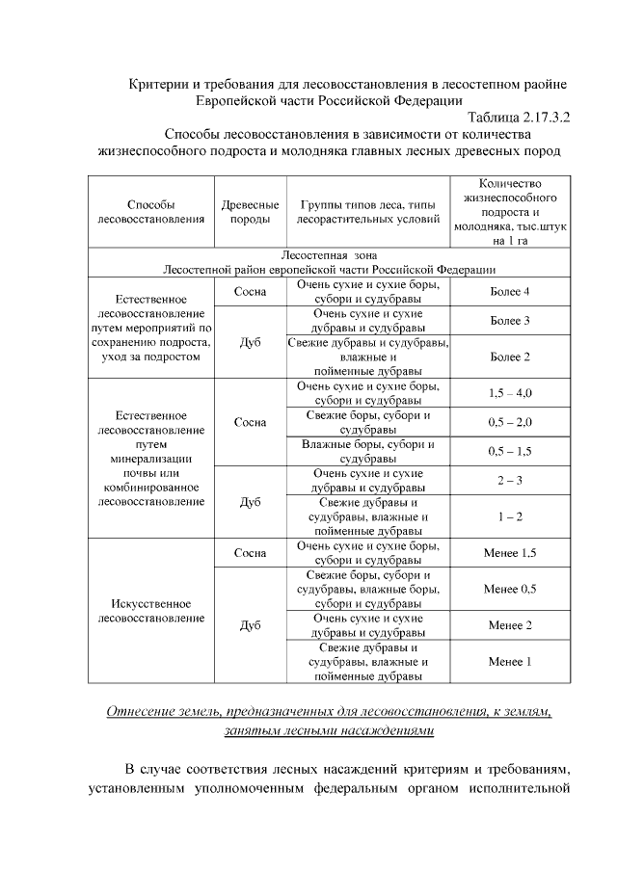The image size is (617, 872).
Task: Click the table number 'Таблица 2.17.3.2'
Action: pyautogui.click(x=507, y=117)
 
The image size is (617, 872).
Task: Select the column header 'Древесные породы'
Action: pyautogui.click(x=250, y=212)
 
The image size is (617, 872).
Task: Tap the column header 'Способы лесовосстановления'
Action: pyautogui.click(x=150, y=212)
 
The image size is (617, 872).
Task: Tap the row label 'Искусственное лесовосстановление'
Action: pyautogui.click(x=150, y=611)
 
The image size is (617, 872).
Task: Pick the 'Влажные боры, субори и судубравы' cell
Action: pyautogui.click(x=369, y=451)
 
